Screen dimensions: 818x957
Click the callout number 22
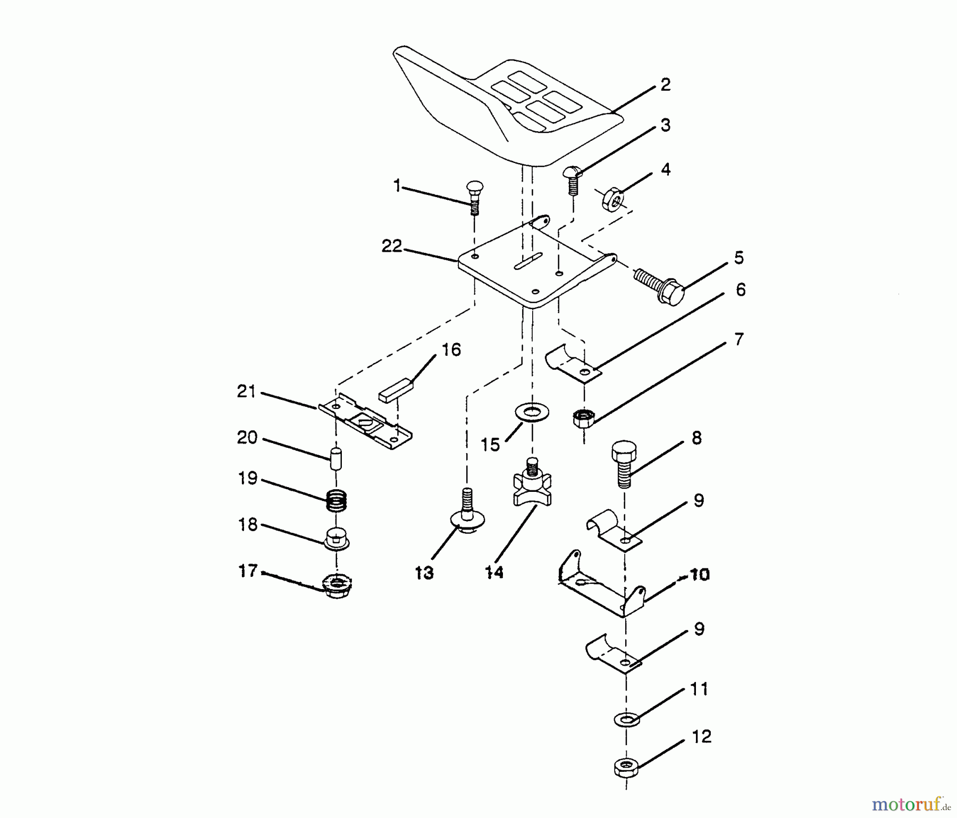coord(391,246)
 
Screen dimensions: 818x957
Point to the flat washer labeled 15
coord(532,412)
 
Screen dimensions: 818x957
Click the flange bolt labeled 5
coord(660,286)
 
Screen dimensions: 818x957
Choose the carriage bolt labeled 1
coord(474,197)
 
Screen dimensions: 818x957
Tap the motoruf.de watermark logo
coord(911,804)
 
